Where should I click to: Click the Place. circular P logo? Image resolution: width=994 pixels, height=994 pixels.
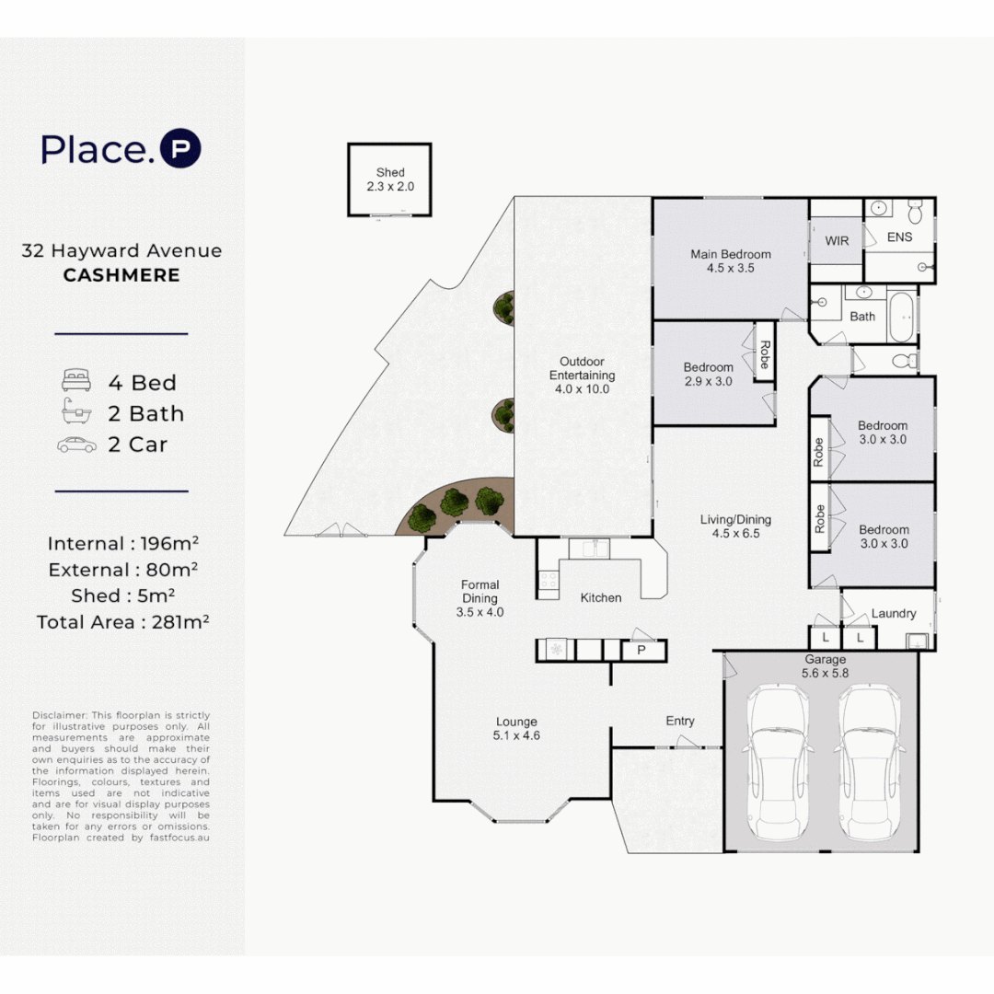tap(180, 148)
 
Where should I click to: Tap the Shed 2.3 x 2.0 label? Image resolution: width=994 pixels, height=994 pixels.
tap(390, 179)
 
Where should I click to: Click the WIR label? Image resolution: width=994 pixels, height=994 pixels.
tap(837, 241)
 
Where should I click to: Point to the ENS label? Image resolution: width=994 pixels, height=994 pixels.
tap(899, 237)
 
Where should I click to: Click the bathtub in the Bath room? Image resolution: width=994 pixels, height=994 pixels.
tap(902, 317)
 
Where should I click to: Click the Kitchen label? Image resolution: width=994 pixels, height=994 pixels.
tap(601, 598)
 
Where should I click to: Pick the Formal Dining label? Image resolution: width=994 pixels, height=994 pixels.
tap(480, 592)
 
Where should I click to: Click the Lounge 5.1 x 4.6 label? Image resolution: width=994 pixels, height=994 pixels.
tap(516, 728)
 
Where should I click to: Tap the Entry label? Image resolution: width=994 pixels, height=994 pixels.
tap(680, 721)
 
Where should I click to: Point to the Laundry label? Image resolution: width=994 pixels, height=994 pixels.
tap(894, 613)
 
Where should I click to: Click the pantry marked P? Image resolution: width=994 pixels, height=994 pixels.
tap(642, 651)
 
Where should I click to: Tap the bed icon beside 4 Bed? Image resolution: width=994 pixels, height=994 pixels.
tap(76, 380)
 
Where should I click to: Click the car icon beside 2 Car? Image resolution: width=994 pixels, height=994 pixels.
tap(76, 445)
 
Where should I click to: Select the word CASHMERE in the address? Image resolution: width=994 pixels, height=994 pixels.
tap(121, 275)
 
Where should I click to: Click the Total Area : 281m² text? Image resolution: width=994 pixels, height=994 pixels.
tap(123, 622)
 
